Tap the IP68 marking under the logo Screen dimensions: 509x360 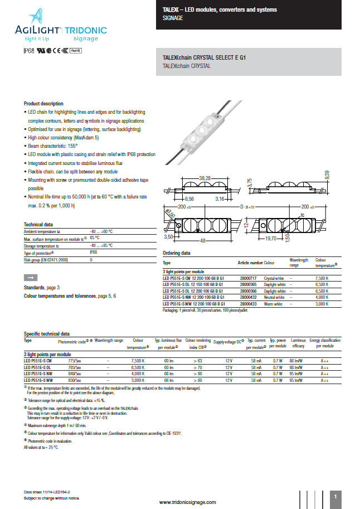click(29, 51)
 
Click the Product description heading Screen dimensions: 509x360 click(43, 104)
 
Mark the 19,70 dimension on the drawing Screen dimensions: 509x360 click(285, 238)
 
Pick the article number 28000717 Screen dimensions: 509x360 click(247, 277)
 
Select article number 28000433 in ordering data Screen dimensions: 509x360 click(247, 304)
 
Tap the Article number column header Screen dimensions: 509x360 click(250, 262)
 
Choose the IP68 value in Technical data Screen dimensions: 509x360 click(93, 253)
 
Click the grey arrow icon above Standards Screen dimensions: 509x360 click(31, 277)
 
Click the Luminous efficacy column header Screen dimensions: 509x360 click(298, 342)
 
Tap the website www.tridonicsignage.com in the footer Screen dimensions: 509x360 click(187, 502)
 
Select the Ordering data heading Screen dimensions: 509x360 click(176, 253)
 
